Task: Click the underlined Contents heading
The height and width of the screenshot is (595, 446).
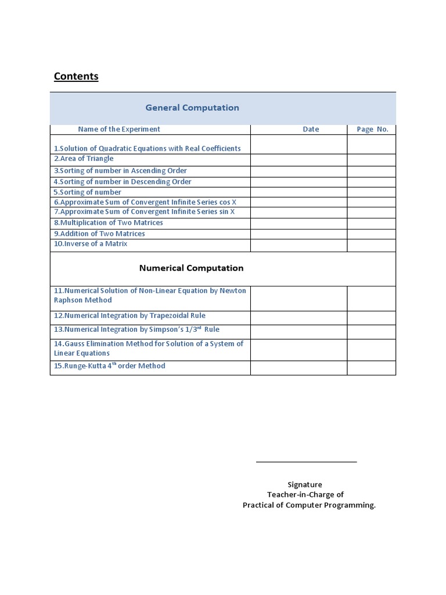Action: coord(76,76)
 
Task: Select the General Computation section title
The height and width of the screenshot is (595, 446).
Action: coord(192,107)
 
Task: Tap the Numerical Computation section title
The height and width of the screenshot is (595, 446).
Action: coord(191,268)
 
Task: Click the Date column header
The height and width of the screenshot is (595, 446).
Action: coord(311,129)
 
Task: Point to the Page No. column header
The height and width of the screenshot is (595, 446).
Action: coord(372,129)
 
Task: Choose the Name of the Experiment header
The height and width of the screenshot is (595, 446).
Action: coord(119,129)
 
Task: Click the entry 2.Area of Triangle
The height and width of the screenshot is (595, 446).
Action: coord(84,159)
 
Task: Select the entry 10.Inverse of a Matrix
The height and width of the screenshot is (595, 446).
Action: coord(91,244)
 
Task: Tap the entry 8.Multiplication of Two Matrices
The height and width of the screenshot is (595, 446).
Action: coord(109,223)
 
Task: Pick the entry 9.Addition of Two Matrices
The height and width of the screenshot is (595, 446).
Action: coord(99,234)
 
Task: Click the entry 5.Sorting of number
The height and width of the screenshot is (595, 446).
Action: coord(88,192)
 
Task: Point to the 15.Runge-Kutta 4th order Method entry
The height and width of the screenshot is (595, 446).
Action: coord(110,366)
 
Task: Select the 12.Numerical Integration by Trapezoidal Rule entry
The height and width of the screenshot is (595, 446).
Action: coord(130,316)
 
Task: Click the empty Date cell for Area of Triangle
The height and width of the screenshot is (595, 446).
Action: coord(298,160)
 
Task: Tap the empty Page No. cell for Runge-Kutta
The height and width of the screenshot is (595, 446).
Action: coord(371,368)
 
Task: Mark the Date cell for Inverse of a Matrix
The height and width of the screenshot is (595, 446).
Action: coord(298,245)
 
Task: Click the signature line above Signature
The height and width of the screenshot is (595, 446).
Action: coord(306,462)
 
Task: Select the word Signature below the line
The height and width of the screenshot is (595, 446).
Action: coord(305,485)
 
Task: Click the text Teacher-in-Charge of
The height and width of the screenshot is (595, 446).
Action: coord(305,494)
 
